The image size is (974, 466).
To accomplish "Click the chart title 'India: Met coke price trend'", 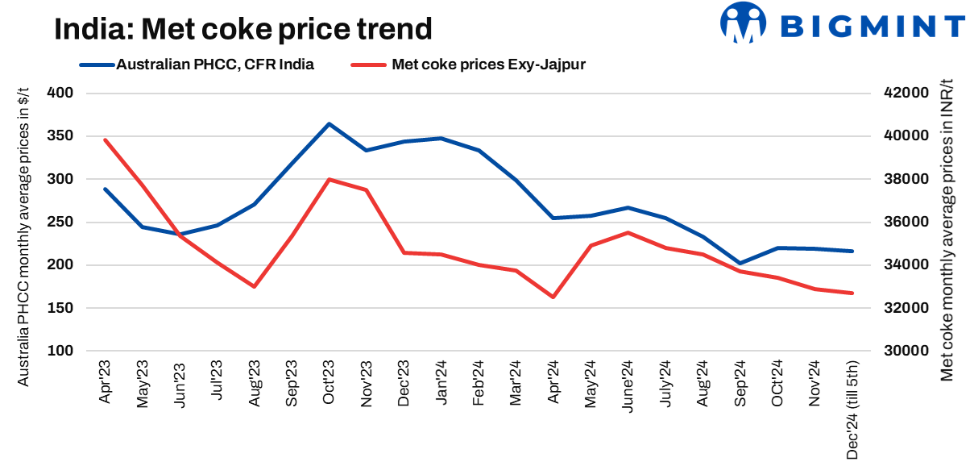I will (243, 30).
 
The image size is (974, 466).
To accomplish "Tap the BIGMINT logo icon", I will (743, 22).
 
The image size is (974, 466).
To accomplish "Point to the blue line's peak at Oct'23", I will (329, 124).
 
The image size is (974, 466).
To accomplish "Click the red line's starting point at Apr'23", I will (105, 139).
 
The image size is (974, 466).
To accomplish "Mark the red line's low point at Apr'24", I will (553, 297).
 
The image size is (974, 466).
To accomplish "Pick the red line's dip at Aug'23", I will (254, 286).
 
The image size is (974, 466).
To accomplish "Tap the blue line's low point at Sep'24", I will (740, 263).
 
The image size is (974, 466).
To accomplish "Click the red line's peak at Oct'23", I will (329, 179).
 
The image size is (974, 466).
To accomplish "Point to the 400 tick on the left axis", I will (61, 94).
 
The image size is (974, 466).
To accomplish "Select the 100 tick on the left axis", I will (61, 352).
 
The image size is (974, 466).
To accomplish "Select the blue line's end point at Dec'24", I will (852, 251).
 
